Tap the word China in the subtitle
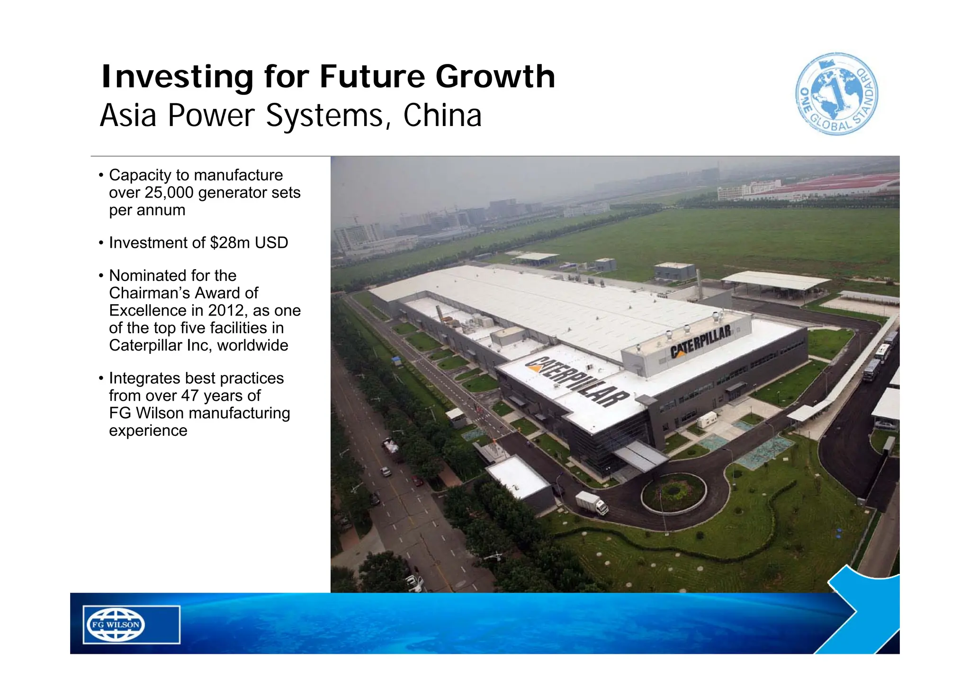(442, 116)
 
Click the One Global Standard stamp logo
(836, 94)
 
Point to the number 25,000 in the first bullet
(169, 193)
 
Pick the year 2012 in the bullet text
(226, 311)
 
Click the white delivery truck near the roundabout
(592, 503)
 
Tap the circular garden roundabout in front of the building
(674, 493)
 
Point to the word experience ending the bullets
(148, 431)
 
